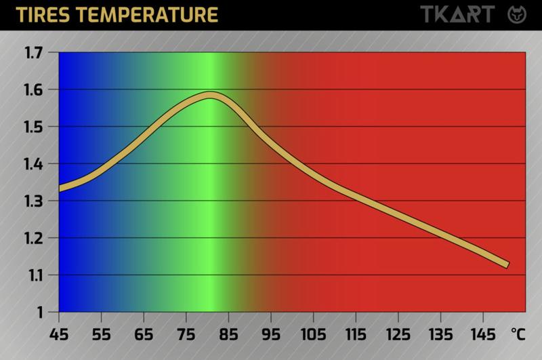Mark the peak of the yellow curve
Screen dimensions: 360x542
210,95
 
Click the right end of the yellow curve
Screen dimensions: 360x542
505,264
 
